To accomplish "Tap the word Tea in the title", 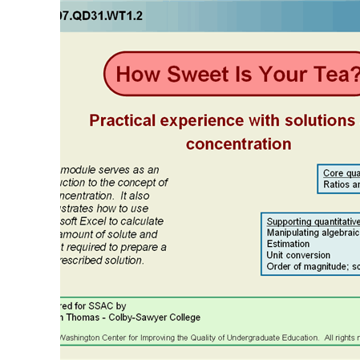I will tap(338, 74).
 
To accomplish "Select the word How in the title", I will tap(140, 74).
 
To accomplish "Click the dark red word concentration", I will tap(238, 144).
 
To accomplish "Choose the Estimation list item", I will tap(288, 244).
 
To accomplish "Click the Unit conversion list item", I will tap(298, 255).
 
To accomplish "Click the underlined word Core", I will tap(333, 173).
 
